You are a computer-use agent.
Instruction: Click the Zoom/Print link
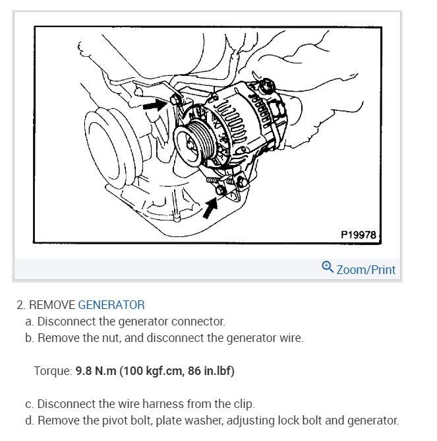coord(366,269)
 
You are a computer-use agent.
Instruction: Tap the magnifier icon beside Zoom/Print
coord(328,267)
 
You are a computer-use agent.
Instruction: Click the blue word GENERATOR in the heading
coord(111,305)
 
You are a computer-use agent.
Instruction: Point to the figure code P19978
coord(359,234)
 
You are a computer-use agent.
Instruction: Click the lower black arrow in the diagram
coord(210,207)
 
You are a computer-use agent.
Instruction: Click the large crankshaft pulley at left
coord(105,158)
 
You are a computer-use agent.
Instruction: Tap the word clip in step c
coord(244,403)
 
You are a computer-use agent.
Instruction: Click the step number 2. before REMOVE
coord(21,305)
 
